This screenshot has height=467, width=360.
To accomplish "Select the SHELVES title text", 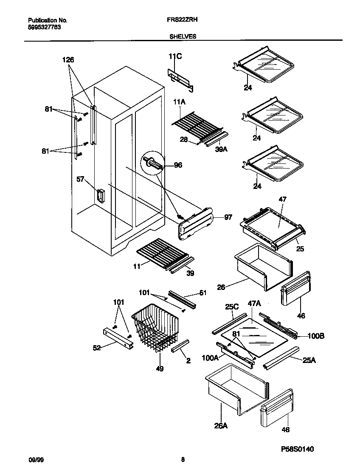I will [x=183, y=37].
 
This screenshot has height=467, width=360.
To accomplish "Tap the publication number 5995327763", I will [x=42, y=27].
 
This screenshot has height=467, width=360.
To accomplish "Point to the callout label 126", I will [x=68, y=60].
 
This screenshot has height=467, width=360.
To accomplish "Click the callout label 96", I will [x=178, y=165].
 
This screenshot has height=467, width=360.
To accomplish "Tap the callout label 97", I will [x=228, y=217].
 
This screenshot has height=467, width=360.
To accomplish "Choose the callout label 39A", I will [x=220, y=149].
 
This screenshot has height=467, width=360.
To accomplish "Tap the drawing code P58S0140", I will [x=297, y=449].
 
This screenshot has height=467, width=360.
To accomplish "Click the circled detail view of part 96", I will [x=153, y=163].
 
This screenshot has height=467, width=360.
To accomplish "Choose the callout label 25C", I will [x=232, y=307].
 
